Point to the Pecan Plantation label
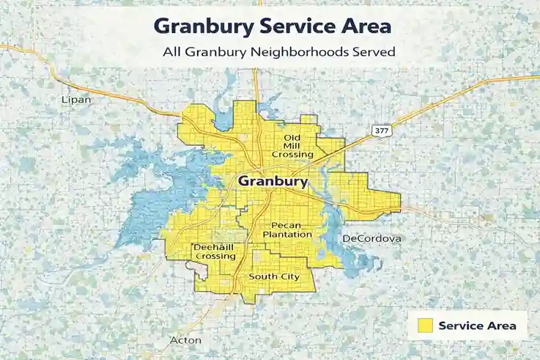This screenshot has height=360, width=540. point(292,229)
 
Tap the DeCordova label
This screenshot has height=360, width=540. point(372,239)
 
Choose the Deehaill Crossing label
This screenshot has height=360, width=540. point(214,252)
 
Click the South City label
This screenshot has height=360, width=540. point(274,276)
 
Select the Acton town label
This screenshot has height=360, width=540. point(185,340)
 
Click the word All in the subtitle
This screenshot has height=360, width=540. point(171,53)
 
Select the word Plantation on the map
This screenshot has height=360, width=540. point(292,234)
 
